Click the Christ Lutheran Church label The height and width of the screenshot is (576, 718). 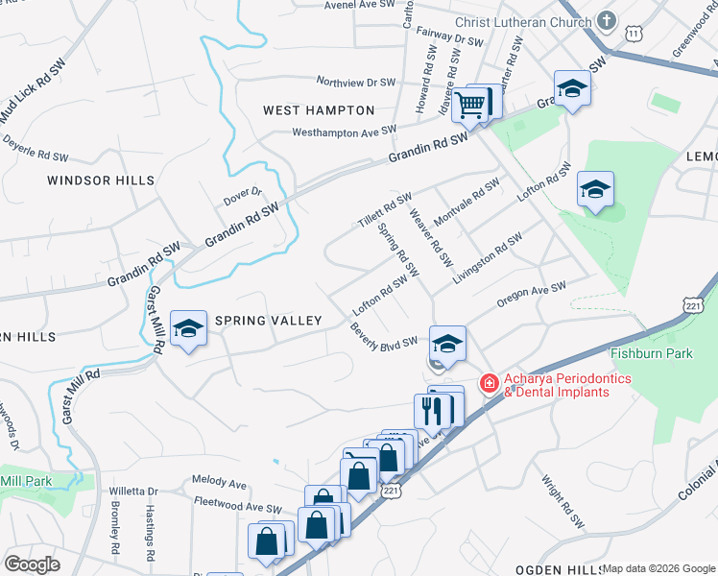point(526,22)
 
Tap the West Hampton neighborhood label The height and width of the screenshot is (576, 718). point(319,110)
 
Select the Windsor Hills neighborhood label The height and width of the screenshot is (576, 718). point(101,180)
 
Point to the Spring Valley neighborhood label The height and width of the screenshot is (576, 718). point(268,321)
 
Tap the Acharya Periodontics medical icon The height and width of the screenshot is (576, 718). point(489,384)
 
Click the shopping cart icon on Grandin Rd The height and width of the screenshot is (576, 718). point(470,105)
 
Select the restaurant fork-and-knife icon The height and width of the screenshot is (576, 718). point(433,410)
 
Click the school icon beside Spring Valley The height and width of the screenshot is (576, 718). point(189,329)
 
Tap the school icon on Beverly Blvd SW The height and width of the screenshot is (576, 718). point(447,344)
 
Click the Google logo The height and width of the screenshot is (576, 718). point(32,564)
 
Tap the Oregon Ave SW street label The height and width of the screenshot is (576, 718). point(532,294)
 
